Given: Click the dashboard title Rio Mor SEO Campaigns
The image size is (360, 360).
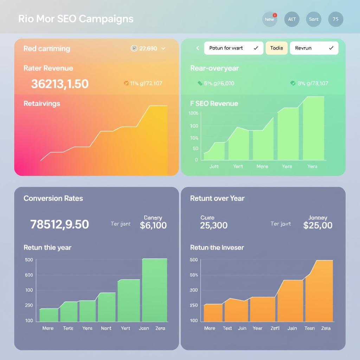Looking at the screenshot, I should (x=76, y=19).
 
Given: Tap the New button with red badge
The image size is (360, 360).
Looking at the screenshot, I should (x=270, y=19).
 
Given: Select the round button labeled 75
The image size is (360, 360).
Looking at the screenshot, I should (x=335, y=19).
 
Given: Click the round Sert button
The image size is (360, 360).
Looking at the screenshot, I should (x=314, y=19).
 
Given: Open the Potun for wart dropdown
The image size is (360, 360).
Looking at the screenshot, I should (x=233, y=48).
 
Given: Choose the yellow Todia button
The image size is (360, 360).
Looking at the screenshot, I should (x=277, y=48).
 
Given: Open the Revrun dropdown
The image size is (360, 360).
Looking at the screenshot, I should (x=314, y=48).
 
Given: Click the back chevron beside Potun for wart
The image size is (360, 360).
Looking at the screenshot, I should (x=198, y=48).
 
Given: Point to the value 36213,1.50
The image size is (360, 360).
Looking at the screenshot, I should (x=60, y=84).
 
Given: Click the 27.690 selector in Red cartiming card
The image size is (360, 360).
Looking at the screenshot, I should (x=148, y=49).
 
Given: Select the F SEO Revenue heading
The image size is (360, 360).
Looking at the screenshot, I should (x=214, y=103).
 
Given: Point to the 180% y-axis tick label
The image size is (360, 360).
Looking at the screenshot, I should (x=194, y=113).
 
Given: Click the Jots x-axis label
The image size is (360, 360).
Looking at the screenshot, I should (x=214, y=166).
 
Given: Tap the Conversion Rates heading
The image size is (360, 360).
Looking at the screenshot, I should (x=53, y=198).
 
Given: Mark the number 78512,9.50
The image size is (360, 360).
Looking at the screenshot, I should (x=60, y=224).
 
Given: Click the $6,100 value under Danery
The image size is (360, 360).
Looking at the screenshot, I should (x=153, y=225).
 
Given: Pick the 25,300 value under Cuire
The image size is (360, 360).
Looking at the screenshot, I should (x=214, y=225).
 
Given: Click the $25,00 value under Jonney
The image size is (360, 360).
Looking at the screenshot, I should (x=318, y=225).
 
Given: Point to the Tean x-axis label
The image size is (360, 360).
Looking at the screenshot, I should (x=309, y=328).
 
